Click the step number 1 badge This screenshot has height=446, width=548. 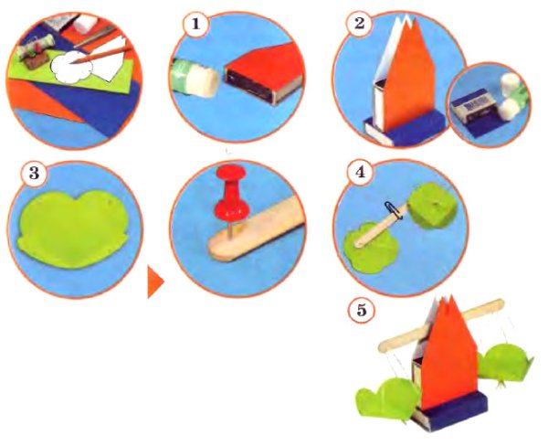point(195,24)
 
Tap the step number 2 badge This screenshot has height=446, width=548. point(359,23)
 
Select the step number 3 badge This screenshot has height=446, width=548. point(34,173)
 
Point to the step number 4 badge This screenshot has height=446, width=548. point(360,172)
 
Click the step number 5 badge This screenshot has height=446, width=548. point(361,310)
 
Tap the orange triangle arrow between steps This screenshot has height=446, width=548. point(155,281)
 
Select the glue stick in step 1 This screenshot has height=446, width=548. point(195,78)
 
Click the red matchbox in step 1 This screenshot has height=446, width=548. point(264,73)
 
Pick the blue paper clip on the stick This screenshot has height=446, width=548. point(394,210)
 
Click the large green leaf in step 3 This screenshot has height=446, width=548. point(73,229)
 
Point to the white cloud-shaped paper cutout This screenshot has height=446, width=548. point(71,67)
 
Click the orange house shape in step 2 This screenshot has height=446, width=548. point(407,77)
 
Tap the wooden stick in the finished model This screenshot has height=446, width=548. point(441,325)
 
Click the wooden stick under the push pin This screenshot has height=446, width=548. point(257,229)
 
